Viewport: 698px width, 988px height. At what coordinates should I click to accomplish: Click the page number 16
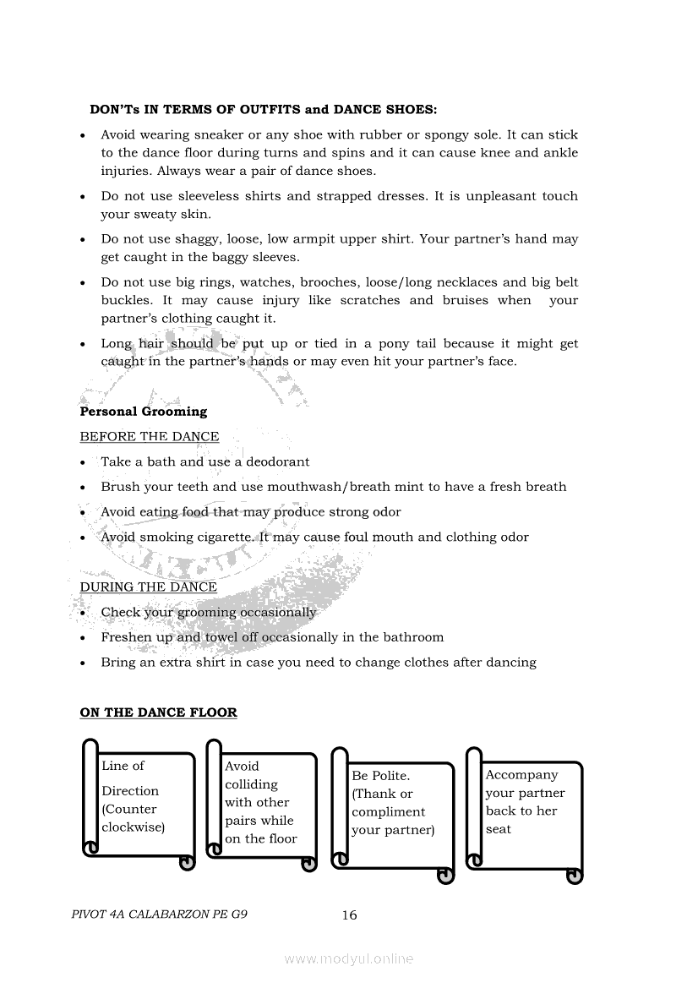(x=349, y=915)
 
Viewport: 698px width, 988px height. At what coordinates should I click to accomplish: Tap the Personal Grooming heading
(x=143, y=412)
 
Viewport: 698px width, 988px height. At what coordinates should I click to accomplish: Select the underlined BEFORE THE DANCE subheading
(x=149, y=437)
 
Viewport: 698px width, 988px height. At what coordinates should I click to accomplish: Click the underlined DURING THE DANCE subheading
(x=148, y=587)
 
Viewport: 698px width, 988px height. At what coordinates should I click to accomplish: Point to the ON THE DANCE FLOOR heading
(x=158, y=712)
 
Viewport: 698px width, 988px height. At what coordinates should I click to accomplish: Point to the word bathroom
(x=413, y=637)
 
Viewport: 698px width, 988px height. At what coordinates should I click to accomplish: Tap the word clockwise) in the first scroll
(x=133, y=827)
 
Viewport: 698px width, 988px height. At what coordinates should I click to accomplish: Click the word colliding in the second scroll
(x=251, y=784)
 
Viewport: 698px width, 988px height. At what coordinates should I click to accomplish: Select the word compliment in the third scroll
(x=388, y=812)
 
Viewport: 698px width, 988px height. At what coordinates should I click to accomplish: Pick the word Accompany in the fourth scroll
(x=521, y=775)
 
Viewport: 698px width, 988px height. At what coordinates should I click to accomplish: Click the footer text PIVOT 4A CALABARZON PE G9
(x=160, y=914)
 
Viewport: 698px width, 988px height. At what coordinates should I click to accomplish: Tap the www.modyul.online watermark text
(x=349, y=959)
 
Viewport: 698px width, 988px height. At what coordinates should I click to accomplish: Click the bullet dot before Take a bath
(x=83, y=463)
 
